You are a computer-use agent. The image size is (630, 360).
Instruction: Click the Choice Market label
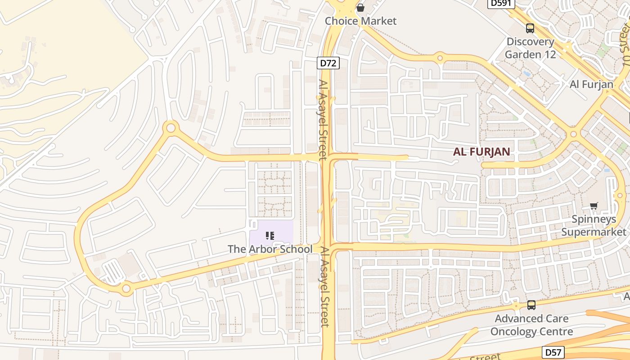pos(360,21)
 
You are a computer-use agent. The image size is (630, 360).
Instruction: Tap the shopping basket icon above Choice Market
pos(360,7)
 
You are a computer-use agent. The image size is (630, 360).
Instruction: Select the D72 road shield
pos(328,63)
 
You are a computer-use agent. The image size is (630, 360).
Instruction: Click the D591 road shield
pos(501,3)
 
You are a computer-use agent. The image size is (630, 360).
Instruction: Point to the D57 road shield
pos(553,352)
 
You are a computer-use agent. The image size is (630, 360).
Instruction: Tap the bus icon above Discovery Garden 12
pos(530,28)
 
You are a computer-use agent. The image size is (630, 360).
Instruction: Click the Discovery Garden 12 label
pos(530,48)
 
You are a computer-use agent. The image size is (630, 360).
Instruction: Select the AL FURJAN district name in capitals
pos(481,152)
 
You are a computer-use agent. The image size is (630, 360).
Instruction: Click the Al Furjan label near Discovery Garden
pos(591,84)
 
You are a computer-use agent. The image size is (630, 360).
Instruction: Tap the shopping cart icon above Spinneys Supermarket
pos(594,206)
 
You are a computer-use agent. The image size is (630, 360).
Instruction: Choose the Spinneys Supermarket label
pos(594,226)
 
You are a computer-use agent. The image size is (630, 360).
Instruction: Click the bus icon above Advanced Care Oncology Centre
pos(531,305)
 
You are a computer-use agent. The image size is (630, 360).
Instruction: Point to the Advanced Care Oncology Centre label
pos(531,325)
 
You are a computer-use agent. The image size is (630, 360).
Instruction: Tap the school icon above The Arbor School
pos(270,235)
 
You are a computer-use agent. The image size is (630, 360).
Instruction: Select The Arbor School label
pos(270,249)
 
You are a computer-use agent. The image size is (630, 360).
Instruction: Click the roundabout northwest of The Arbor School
pos(171,128)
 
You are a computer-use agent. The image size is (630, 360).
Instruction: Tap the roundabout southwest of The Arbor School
pos(126,288)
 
